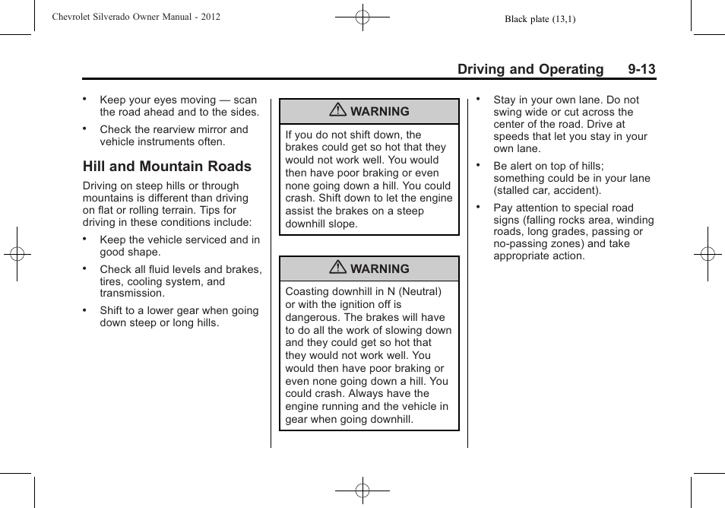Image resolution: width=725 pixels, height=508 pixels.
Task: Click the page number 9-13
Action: tap(641, 69)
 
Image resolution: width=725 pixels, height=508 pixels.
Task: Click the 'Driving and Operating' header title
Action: tap(530, 69)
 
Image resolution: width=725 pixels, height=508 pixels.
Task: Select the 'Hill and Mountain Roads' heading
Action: tap(167, 167)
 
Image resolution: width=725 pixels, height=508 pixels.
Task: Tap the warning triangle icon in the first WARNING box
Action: tap(338, 111)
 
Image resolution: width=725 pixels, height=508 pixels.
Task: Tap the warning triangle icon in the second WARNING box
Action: tap(338, 268)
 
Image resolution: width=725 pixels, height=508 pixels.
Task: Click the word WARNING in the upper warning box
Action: tap(379, 111)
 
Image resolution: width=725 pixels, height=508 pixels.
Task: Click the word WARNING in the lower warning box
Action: tap(379, 268)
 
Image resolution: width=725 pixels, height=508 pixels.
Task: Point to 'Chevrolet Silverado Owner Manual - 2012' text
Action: tap(136, 16)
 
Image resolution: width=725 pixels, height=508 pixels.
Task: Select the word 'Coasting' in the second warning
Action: tap(308, 291)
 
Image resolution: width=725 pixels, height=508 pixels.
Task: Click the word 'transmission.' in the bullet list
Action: tap(131, 294)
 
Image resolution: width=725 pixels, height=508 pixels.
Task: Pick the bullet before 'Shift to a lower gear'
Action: tap(86, 310)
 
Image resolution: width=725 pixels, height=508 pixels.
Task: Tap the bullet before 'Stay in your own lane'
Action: tap(479, 99)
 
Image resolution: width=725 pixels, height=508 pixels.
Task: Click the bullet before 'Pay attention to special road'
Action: tap(479, 207)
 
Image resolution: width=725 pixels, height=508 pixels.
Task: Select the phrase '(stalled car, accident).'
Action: tap(547, 191)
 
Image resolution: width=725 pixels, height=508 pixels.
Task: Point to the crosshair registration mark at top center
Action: tap(362, 16)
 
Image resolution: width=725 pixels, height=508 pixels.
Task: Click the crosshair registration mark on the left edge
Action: tap(17, 254)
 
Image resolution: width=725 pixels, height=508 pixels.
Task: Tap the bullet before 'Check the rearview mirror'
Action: tap(86, 129)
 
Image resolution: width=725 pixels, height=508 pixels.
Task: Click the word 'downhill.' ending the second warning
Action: tap(391, 419)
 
